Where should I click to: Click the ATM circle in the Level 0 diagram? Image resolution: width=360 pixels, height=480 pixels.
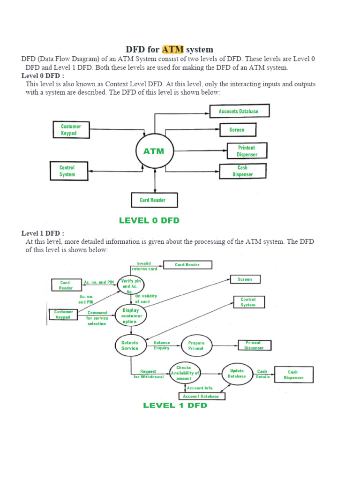click(154, 151)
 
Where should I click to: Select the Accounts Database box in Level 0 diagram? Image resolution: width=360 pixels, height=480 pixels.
click(238, 112)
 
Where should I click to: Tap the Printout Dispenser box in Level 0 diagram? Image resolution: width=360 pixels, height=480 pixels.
click(247, 151)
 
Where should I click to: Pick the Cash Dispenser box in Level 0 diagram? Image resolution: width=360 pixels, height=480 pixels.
click(243, 171)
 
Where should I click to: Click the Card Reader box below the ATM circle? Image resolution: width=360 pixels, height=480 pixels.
click(152, 200)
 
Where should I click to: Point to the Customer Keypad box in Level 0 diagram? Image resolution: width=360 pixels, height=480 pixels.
click(71, 130)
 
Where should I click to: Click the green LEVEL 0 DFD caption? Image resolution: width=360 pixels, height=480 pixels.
click(149, 220)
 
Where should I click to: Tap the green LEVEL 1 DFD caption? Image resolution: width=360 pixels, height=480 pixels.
click(175, 405)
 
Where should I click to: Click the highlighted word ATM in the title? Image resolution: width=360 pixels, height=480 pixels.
click(173, 49)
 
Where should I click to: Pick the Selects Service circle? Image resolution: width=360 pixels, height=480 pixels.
click(130, 345)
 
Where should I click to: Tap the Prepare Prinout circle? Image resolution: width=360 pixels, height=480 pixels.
click(196, 346)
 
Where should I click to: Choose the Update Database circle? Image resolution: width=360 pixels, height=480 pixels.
click(237, 374)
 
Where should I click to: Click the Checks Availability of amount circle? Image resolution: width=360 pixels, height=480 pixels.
click(185, 373)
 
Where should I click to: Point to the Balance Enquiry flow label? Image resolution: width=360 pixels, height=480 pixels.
click(162, 345)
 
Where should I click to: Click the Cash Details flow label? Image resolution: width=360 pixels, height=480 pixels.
click(262, 374)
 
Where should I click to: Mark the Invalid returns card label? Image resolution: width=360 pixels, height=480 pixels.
click(144, 266)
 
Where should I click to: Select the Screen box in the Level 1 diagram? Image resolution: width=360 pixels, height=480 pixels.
click(245, 279)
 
